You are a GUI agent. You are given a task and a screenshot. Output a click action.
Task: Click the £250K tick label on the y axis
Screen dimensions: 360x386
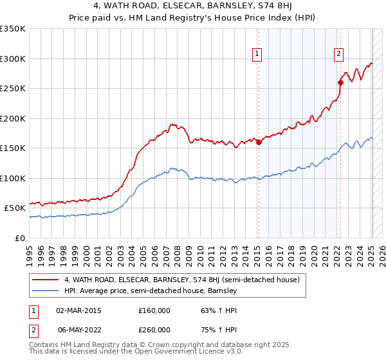[x=13, y=89]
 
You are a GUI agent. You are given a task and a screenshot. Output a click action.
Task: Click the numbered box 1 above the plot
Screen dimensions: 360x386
[x=257, y=54]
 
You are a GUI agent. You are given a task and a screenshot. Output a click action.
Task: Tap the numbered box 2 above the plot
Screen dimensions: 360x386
[x=338, y=54]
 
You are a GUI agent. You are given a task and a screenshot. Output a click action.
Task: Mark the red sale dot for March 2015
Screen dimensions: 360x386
[x=259, y=143]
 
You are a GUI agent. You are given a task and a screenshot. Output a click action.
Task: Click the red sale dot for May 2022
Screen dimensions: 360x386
[x=340, y=82]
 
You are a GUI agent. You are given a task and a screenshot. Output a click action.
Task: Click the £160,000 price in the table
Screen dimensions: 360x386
[x=154, y=310]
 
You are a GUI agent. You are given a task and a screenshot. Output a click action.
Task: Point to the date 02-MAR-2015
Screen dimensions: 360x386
[x=78, y=310]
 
